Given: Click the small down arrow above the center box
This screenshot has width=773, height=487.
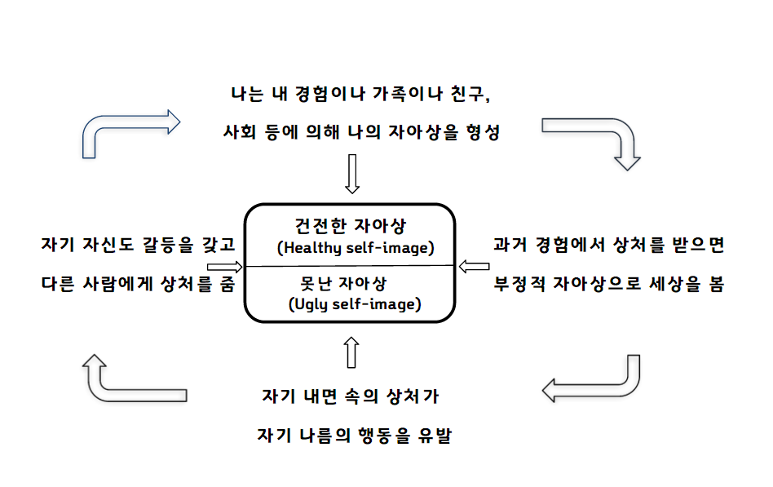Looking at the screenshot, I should tap(352, 174).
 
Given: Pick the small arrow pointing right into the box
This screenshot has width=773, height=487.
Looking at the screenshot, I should tap(225, 267).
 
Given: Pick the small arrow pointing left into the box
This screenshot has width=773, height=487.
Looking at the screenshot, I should tap(474, 266).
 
